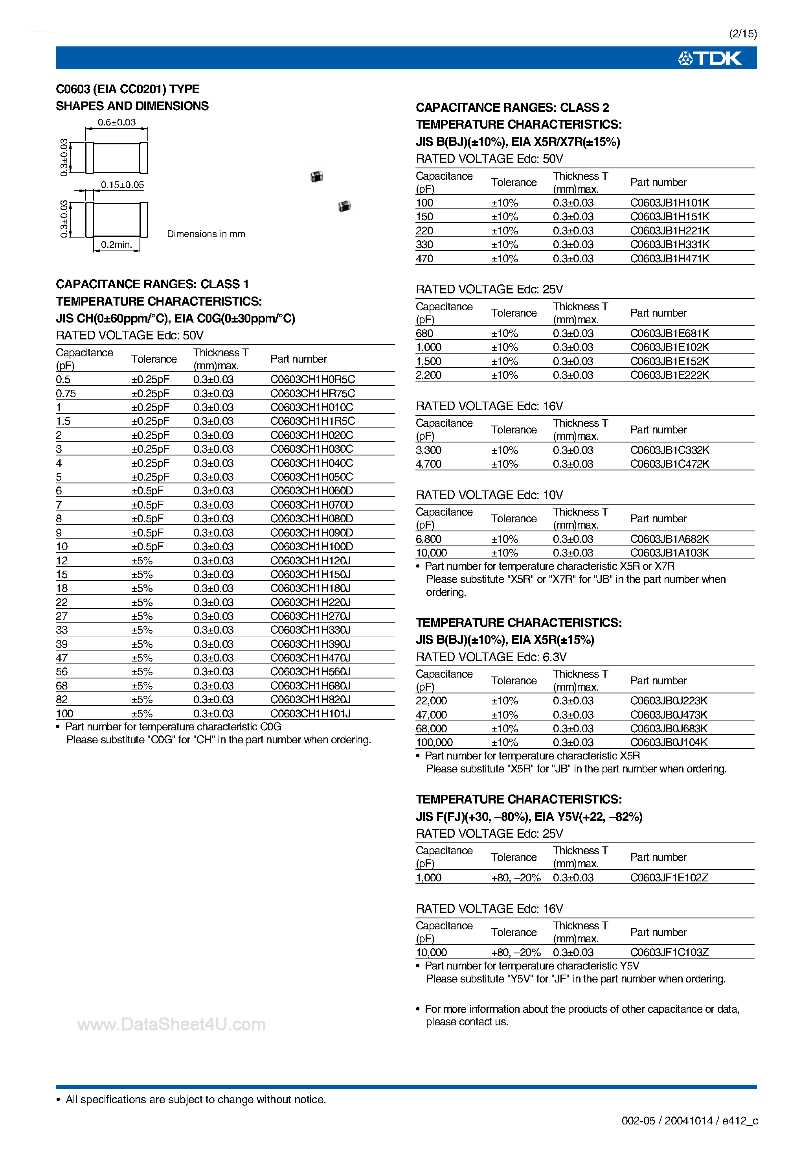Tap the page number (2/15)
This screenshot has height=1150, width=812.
point(743,33)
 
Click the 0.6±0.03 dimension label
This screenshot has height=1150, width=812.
point(117,122)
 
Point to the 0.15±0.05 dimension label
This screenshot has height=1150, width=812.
point(122,185)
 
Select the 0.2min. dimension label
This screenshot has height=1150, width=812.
point(117,244)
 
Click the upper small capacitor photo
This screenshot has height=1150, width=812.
point(316,176)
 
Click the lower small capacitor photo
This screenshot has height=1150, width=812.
point(344,206)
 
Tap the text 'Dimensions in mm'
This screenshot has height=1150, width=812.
point(206,234)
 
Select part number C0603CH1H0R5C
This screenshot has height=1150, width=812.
point(312,379)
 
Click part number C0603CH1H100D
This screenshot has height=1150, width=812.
point(311,546)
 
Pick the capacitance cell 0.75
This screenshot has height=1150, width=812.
point(66,394)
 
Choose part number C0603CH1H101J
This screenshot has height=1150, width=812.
point(310,713)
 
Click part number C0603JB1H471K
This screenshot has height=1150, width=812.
point(669,258)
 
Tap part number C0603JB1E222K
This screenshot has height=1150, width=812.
point(669,375)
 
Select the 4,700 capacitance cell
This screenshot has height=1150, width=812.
point(428,464)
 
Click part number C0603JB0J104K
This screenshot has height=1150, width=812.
point(669,742)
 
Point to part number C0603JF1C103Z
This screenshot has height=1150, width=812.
point(669,952)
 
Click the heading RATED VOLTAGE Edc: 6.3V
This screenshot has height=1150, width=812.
point(491,657)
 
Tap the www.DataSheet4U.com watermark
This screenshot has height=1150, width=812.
point(171,1024)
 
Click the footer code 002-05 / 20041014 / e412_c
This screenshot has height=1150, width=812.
point(689,1121)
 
